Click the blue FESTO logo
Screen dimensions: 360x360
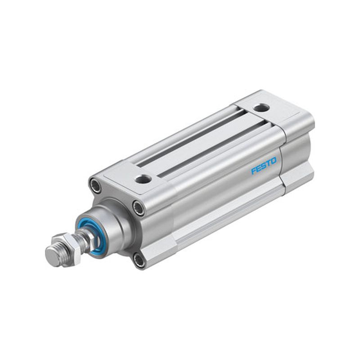click(264, 166)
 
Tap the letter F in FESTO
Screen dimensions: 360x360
click(254, 171)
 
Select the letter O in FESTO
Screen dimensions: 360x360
click(274, 161)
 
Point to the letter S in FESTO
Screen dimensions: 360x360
click(264, 166)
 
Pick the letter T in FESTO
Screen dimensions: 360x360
click(268, 163)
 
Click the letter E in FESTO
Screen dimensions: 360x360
click(259, 168)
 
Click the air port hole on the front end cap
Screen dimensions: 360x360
click(143, 178)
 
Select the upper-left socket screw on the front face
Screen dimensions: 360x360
click(95, 184)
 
